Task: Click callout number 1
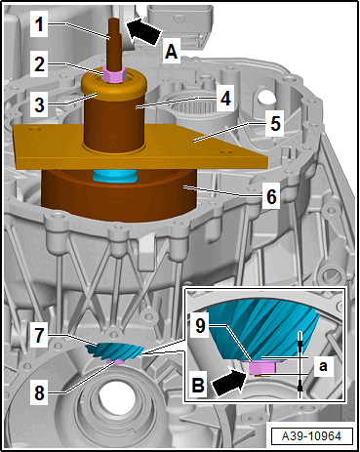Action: tap(39, 24)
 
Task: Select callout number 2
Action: tap(39, 64)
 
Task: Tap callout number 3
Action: tap(39, 104)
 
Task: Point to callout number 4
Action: tap(225, 99)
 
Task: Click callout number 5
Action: tap(275, 124)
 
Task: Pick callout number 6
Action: tap(271, 196)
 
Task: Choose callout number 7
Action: tap(39, 335)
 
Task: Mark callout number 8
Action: tap(39, 393)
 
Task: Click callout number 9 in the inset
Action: tap(200, 325)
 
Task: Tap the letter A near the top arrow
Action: tap(172, 52)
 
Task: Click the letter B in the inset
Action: tap(198, 385)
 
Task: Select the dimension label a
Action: tap(323, 366)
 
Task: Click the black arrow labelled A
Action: tap(143, 30)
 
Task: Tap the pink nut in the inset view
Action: tap(262, 367)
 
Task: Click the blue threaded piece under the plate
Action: tap(115, 176)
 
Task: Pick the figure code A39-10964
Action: tap(311, 436)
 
